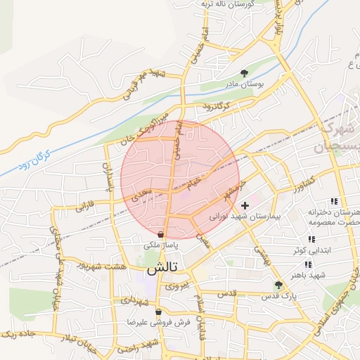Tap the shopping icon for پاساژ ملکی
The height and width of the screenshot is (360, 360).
[162, 235]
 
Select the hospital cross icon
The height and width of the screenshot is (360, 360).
[245, 206]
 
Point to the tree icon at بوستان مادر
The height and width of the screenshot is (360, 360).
[244, 73]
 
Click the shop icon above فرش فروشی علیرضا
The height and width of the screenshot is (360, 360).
[158, 311]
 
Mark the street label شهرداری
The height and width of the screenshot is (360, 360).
[136, 300]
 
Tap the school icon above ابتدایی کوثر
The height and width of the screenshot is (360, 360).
[311, 240]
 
